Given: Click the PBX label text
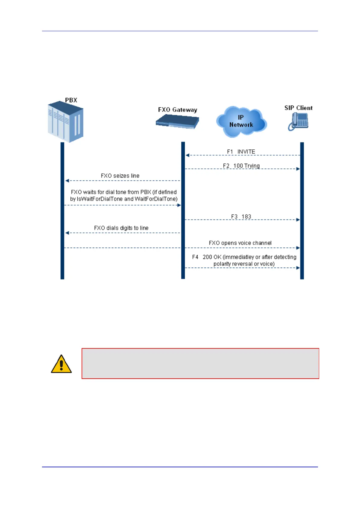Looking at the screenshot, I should (71, 100).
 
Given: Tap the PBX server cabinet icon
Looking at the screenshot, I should (66, 122).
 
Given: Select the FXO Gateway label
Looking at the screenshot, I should (177, 110).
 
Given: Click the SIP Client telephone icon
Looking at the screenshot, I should (298, 122).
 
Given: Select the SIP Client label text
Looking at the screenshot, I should (298, 108).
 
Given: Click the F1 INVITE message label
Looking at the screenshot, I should (241, 152).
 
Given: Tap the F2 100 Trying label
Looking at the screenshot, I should (241, 166).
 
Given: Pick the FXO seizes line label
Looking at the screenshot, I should (120, 176).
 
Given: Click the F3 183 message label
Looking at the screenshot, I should (241, 217).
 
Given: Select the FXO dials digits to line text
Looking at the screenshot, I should (121, 228).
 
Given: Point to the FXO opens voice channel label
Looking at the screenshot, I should (240, 243).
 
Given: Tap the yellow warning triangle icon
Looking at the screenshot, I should (61, 364).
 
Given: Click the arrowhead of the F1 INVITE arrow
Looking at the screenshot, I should (187, 155).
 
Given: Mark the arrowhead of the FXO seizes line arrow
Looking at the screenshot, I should (67, 181).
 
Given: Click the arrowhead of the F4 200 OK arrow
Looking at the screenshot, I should (298, 268).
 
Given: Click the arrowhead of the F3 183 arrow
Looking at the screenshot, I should (298, 220).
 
